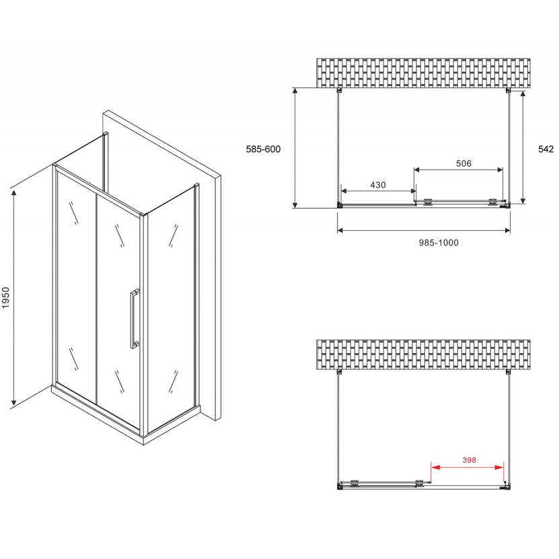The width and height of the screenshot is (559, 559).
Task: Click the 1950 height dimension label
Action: (7, 299)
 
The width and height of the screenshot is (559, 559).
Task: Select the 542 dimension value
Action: (546, 149)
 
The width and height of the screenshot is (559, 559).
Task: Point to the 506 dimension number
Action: (463, 163)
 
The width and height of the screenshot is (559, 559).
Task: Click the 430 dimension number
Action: (377, 185)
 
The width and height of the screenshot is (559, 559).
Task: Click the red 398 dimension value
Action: (469, 460)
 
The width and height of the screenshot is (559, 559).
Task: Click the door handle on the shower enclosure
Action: (134, 319)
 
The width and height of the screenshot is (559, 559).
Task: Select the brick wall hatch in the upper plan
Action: (423, 73)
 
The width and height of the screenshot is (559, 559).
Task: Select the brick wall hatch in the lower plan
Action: (423, 354)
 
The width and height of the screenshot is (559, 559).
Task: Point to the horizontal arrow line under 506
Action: (458, 170)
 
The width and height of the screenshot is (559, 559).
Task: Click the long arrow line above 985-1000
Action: (423, 231)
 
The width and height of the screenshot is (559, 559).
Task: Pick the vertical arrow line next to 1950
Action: (14, 297)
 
